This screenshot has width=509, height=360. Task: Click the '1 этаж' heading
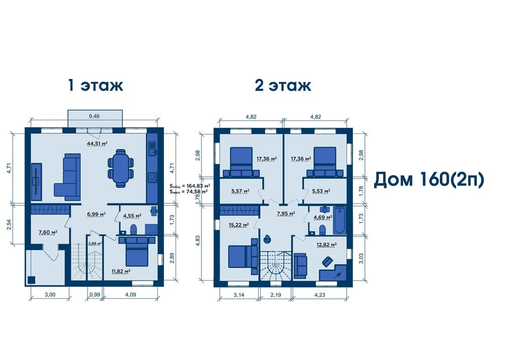pyautogui.click(x=96, y=85)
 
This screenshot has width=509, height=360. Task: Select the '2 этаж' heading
pyautogui.click(x=283, y=85)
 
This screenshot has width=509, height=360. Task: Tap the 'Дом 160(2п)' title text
pyautogui.click(x=429, y=180)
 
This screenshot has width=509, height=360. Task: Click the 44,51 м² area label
pyautogui.click(x=97, y=143)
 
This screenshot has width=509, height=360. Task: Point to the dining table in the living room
pyautogui.click(x=121, y=168)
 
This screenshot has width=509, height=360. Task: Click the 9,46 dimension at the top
pyautogui.click(x=94, y=116)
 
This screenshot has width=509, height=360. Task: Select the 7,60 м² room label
pyautogui.click(x=48, y=232)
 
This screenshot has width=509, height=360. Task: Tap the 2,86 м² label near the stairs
pyautogui.click(x=95, y=243)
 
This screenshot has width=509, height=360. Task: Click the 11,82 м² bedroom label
pyautogui.click(x=121, y=271)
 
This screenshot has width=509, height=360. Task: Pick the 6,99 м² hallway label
pyautogui.click(x=96, y=214)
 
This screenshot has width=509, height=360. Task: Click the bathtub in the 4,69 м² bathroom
pyautogui.click(x=340, y=219)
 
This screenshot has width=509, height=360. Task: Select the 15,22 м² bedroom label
pyautogui.click(x=239, y=225)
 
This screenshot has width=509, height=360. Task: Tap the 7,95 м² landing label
pyautogui.click(x=286, y=213)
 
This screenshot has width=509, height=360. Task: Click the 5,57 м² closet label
pyautogui.click(x=240, y=191)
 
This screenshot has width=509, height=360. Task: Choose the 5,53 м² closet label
pyautogui.click(x=321, y=191)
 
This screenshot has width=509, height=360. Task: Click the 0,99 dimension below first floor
pyautogui.click(x=95, y=295)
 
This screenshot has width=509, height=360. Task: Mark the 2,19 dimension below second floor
pyautogui.click(x=275, y=295)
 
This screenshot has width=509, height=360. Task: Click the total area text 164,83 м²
pyautogui.click(x=190, y=186)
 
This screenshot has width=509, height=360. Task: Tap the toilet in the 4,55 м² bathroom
pyautogui.click(x=133, y=229)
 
